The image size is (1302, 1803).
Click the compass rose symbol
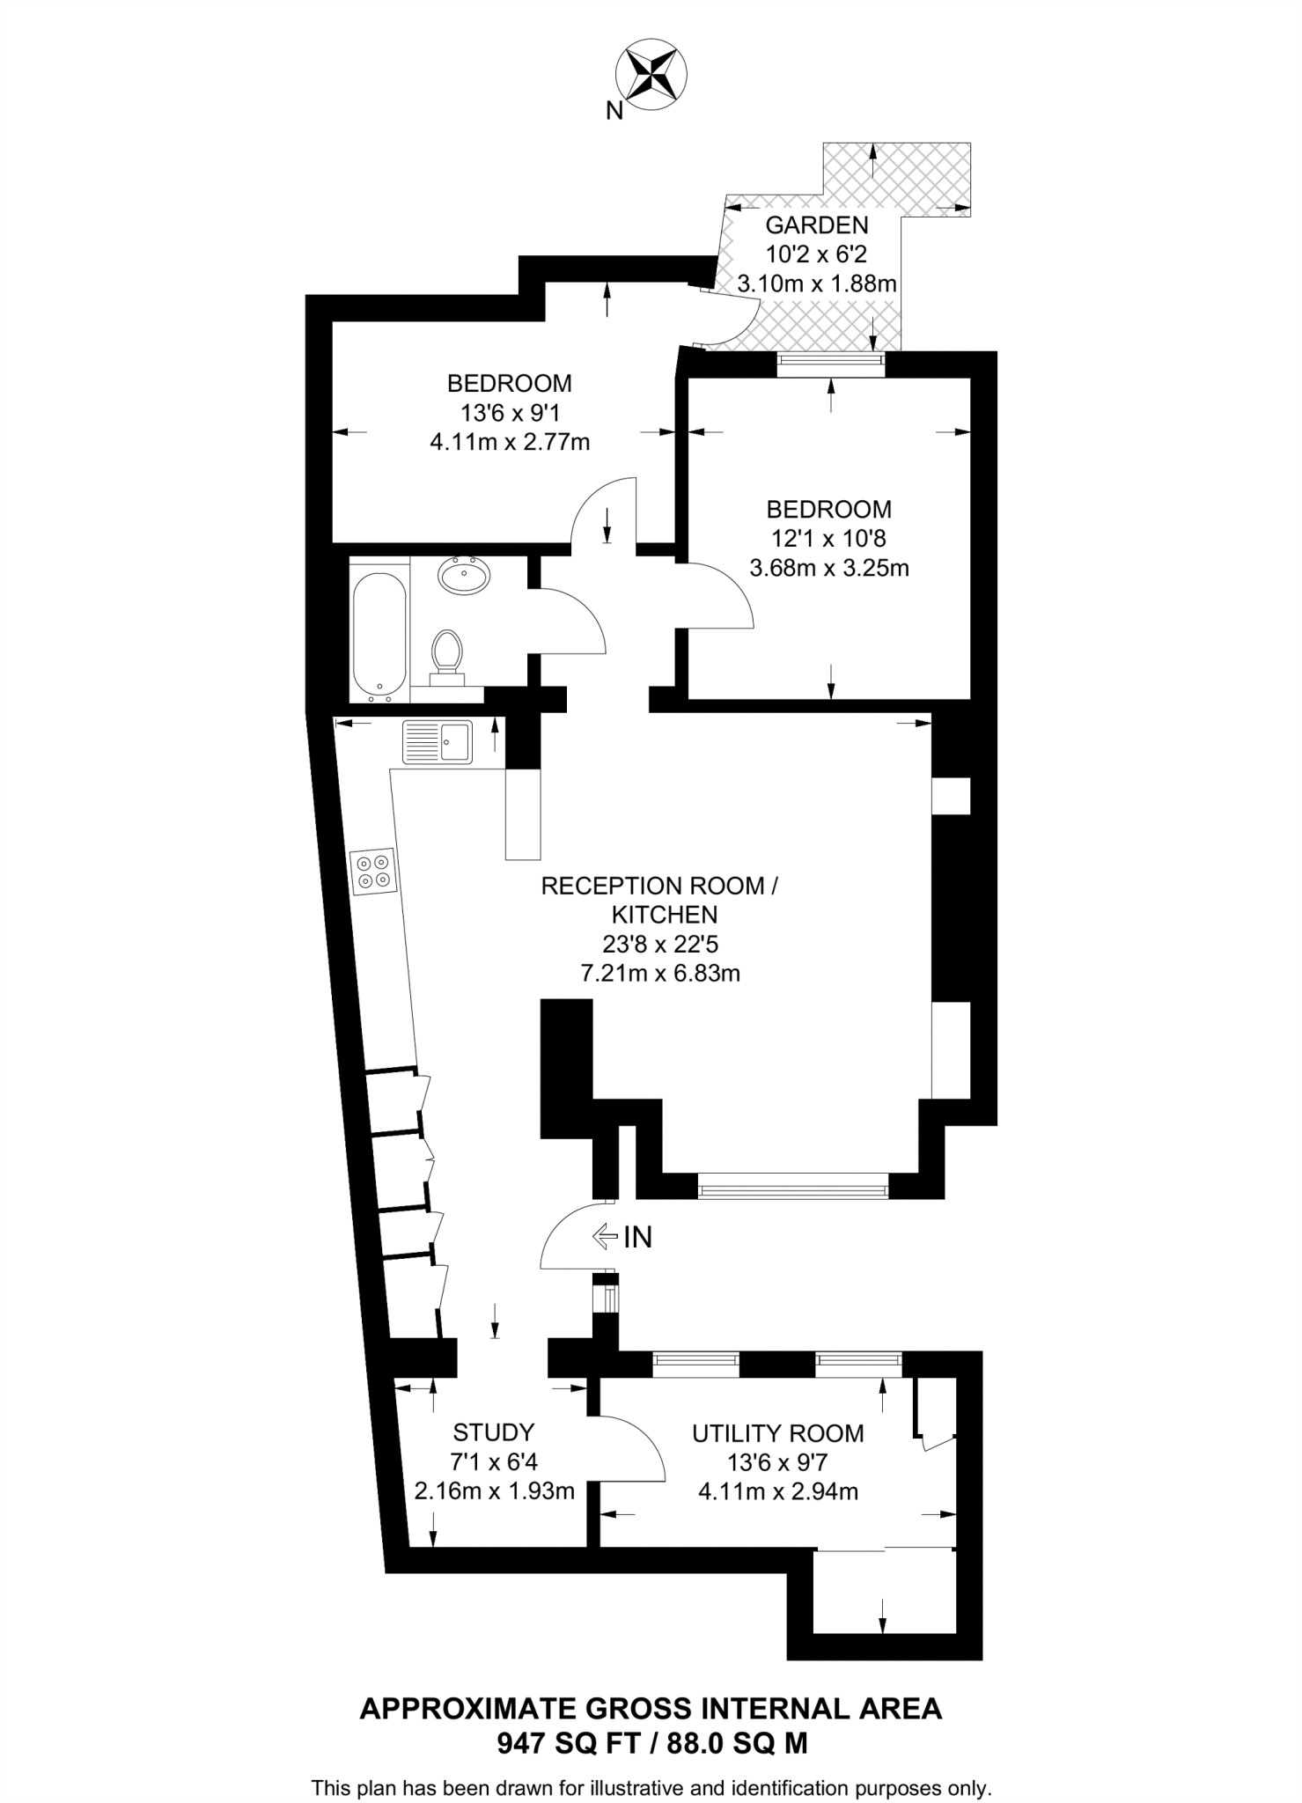[651, 73]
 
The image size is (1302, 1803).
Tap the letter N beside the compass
[614, 111]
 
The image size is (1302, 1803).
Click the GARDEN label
[816, 224]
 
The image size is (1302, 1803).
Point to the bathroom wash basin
[465, 578]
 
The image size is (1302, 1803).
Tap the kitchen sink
[438, 741]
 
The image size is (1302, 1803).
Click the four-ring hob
[373, 872]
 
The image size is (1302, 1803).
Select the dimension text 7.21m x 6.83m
[658, 973]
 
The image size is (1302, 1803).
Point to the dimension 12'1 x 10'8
[828, 538]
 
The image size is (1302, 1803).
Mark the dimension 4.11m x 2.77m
[509, 441]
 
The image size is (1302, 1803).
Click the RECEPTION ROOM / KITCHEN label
[658, 900]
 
